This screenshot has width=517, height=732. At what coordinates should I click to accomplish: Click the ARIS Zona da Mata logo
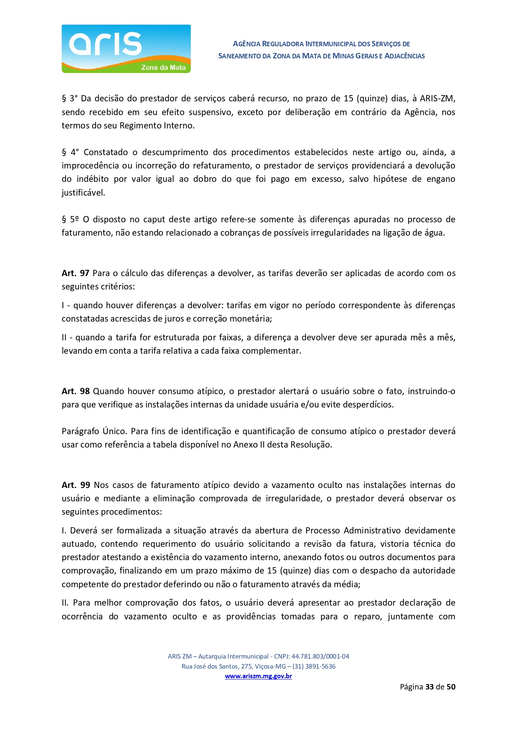coord(126,49)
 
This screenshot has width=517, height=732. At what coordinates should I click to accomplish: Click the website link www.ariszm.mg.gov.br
coord(258,676)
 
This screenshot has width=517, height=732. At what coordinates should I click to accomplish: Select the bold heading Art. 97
coord(75,273)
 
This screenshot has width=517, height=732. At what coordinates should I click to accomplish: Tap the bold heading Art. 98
coord(75,391)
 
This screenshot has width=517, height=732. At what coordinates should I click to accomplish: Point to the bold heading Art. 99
coord(76,485)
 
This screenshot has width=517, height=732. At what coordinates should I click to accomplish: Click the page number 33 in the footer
coord(430,687)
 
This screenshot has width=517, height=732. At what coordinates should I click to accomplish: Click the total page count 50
coord(451,687)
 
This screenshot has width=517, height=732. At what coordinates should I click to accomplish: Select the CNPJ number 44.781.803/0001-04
coord(320,657)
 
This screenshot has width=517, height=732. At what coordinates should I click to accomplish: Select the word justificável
coord(83,193)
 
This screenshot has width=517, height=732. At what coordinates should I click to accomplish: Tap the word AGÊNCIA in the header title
coord(247,44)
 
